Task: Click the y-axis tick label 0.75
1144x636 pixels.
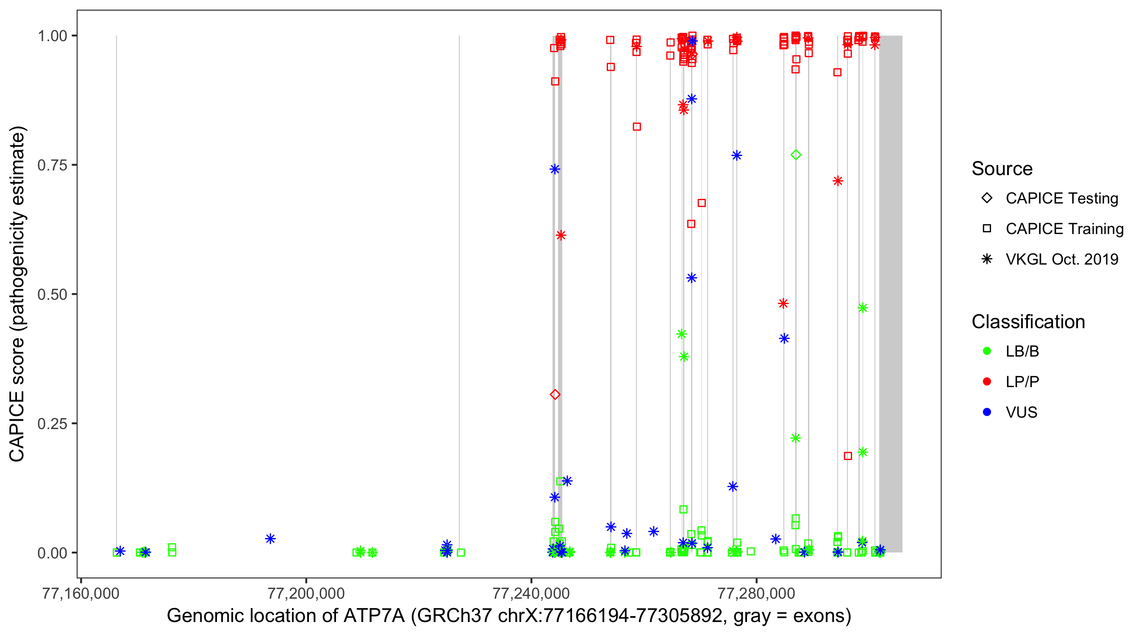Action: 52,165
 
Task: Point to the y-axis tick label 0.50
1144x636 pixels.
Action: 52,295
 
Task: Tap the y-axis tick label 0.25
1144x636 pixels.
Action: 52,424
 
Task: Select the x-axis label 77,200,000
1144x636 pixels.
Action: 306,594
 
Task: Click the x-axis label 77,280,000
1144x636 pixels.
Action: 756,594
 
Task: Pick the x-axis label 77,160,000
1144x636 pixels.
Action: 81,594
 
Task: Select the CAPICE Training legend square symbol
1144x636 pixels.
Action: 987,229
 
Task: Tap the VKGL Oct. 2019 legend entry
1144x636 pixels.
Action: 1061,259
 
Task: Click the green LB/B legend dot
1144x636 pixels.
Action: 987,351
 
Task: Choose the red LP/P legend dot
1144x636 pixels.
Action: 987,382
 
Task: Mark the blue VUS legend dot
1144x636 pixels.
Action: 987,413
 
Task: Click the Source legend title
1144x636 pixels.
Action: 1002,169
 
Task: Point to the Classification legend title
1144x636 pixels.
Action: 1028,322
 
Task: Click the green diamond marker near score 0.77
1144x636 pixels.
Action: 796,155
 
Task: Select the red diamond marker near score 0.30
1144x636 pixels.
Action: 555,395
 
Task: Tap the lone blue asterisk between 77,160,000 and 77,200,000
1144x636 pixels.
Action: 270,539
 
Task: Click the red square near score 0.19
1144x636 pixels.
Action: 848,456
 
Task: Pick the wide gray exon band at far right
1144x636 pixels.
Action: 891,293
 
